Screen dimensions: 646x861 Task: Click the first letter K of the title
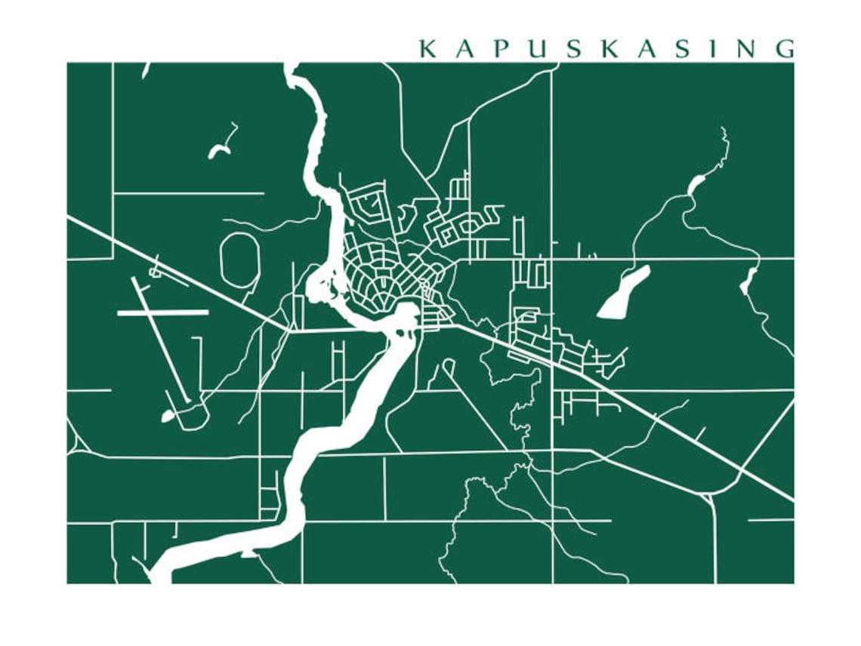click(427, 49)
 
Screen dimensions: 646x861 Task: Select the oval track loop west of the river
click(239, 258)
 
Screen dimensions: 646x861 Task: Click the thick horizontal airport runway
click(162, 312)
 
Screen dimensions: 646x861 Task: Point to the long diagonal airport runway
click(159, 340)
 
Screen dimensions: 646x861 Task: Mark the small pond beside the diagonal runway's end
click(167, 416)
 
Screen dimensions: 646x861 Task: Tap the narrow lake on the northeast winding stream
click(696, 184)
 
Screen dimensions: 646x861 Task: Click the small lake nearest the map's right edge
click(748, 281)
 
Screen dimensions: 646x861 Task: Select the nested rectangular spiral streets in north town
click(370, 204)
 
